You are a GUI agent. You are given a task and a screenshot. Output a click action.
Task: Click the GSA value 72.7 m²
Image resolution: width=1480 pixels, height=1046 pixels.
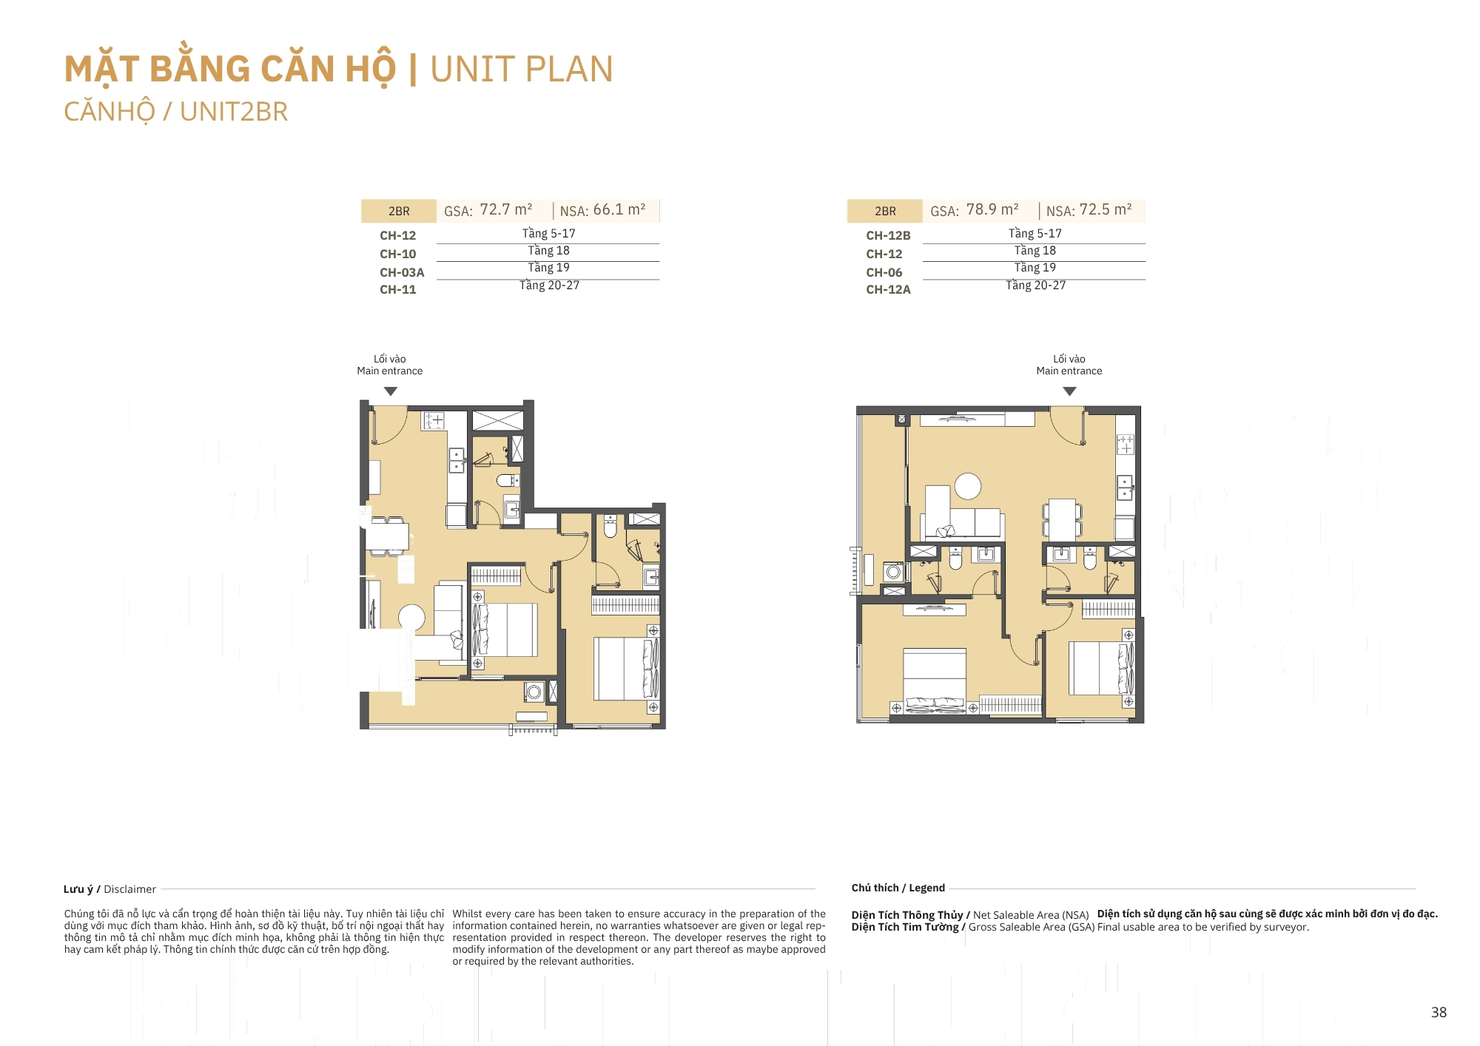click(x=506, y=209)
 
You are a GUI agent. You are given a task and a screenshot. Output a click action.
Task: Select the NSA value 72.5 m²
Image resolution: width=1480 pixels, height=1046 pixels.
click(x=1106, y=209)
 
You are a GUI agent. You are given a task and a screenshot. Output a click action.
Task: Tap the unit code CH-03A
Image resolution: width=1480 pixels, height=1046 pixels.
click(x=402, y=272)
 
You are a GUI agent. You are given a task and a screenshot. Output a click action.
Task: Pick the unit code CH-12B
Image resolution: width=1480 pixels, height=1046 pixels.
click(x=888, y=235)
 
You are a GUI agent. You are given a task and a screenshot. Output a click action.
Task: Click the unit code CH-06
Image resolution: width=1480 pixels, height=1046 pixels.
click(x=884, y=272)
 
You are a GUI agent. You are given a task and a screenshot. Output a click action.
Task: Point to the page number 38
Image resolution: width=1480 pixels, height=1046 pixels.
click(x=1439, y=1012)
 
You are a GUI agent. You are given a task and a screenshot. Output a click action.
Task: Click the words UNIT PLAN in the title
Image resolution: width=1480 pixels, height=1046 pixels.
click(x=522, y=70)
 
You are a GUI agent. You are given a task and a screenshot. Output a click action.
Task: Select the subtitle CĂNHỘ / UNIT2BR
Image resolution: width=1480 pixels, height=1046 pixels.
click(x=175, y=112)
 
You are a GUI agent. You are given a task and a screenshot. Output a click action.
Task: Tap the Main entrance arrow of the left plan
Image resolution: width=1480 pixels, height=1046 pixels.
click(x=391, y=391)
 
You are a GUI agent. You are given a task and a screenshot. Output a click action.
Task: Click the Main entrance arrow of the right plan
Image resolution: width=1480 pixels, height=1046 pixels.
click(x=1069, y=391)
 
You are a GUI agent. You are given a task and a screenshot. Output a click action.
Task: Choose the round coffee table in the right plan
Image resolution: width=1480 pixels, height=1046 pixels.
click(x=968, y=486)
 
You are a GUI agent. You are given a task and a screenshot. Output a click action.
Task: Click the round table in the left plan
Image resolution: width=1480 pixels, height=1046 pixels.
click(x=411, y=618)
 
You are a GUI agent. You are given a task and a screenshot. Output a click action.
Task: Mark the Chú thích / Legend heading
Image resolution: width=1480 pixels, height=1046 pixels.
click(x=898, y=888)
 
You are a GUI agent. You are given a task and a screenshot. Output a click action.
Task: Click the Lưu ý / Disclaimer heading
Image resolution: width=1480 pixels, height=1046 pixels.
click(x=110, y=889)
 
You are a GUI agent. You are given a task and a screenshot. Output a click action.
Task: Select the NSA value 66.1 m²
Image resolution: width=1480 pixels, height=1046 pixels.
click(x=619, y=209)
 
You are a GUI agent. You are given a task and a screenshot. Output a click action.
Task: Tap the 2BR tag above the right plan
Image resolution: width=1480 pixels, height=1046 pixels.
click(x=885, y=211)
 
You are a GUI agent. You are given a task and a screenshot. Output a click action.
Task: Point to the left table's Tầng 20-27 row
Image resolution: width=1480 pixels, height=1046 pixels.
click(x=549, y=286)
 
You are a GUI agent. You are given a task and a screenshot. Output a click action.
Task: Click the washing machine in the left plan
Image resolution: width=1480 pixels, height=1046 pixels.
click(x=534, y=692)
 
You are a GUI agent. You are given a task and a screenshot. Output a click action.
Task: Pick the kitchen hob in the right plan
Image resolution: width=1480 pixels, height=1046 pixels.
click(x=1126, y=444)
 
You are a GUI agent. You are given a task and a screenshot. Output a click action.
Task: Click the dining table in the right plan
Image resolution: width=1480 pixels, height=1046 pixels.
click(x=1063, y=519)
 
